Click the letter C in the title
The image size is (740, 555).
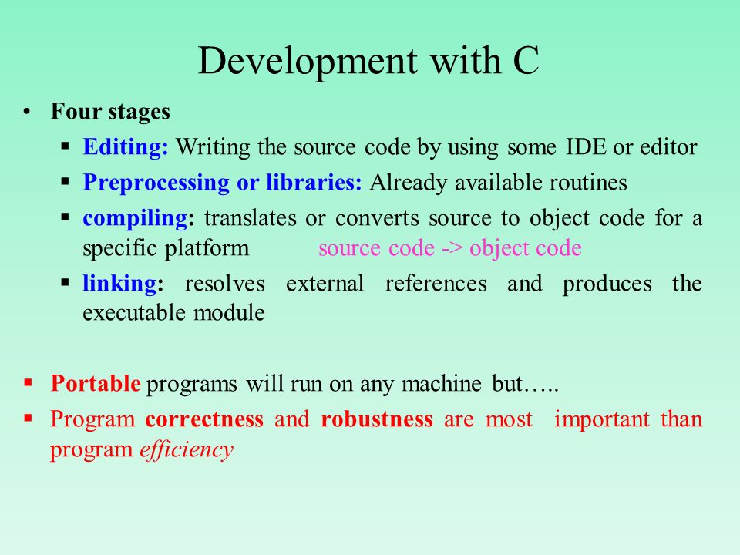tap(526, 60)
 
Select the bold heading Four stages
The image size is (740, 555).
tap(110, 112)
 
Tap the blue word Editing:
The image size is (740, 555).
tap(126, 146)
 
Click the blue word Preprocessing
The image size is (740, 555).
tap(156, 183)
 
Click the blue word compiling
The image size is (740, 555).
tap(135, 218)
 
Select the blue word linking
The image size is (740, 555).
tap(120, 283)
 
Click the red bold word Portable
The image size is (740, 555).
tap(96, 383)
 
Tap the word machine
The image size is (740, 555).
tap(441, 383)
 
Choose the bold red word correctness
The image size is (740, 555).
tap(204, 419)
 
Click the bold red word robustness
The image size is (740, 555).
tap(377, 419)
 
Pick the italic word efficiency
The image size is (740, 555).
tap(187, 449)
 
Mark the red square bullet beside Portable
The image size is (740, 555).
tap(29, 382)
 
